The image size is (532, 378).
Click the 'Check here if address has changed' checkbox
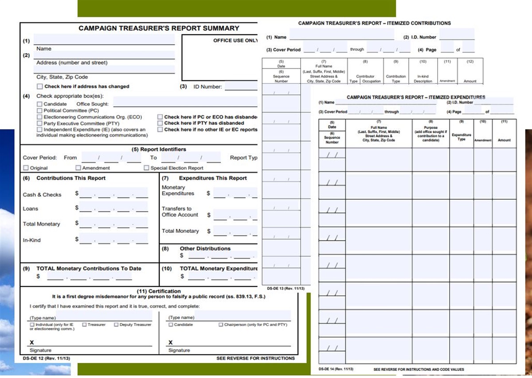point(40,87)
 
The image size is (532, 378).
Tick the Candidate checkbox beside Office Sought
point(40,104)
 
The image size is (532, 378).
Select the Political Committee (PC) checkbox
point(40,110)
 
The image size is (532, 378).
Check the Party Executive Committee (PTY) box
point(40,123)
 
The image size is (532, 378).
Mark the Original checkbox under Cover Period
point(26,168)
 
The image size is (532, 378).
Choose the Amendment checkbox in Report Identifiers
point(78,168)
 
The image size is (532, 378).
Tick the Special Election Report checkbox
point(146,168)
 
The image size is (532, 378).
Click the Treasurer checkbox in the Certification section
point(84,325)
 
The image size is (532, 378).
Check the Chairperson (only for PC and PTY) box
point(220,325)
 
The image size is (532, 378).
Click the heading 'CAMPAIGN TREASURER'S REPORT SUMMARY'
point(159,28)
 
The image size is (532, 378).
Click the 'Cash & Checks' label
point(42,195)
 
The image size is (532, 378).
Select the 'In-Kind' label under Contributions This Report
point(31,240)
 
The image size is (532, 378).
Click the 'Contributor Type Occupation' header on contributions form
point(365,79)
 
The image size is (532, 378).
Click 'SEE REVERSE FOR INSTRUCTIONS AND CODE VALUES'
point(419,369)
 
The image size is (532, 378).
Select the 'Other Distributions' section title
point(205,248)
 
